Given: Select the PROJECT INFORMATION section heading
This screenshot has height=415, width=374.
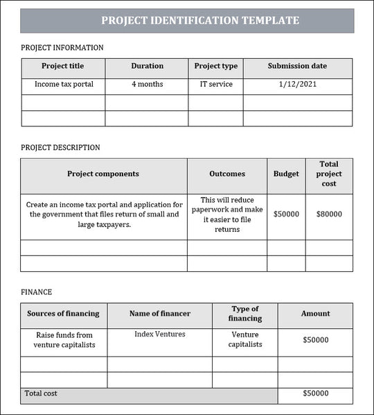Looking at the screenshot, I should pyautogui.click(x=62, y=48).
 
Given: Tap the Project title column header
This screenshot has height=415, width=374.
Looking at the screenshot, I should pyautogui.click(x=63, y=67).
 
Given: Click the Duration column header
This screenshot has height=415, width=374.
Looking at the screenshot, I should pyautogui.click(x=147, y=67).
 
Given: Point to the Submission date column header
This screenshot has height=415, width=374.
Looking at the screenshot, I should pyautogui.click(x=297, y=67).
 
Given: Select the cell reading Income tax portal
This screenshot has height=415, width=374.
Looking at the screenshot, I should pyautogui.click(x=63, y=85).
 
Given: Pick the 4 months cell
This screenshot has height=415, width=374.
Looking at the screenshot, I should pyautogui.click(x=147, y=85).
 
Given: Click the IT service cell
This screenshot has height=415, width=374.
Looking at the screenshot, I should pyautogui.click(x=215, y=85).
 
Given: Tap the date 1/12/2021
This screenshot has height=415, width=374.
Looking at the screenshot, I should pyautogui.click(x=297, y=85).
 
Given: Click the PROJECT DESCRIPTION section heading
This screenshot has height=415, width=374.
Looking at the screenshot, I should pyautogui.click(x=60, y=148).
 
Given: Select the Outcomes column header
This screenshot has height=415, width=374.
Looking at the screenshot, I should pyautogui.click(x=226, y=174).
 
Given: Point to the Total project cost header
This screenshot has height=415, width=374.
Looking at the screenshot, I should pyautogui.click(x=329, y=174).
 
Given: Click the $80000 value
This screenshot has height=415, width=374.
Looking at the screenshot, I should pyautogui.click(x=329, y=214).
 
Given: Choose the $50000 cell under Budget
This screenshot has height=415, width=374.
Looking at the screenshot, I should pyautogui.click(x=286, y=214).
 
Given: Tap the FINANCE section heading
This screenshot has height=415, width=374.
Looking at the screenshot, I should pyautogui.click(x=36, y=292).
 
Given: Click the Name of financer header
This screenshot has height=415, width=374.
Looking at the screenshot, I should pyautogui.click(x=159, y=314).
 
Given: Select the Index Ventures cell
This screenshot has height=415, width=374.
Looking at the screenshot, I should pyautogui.click(x=159, y=334).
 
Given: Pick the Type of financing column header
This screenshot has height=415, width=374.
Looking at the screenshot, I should pyautogui.click(x=244, y=314).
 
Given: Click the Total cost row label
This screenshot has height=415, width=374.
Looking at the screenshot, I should pyautogui.click(x=41, y=393).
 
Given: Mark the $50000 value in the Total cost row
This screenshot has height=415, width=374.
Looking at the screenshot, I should pyautogui.click(x=315, y=394).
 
